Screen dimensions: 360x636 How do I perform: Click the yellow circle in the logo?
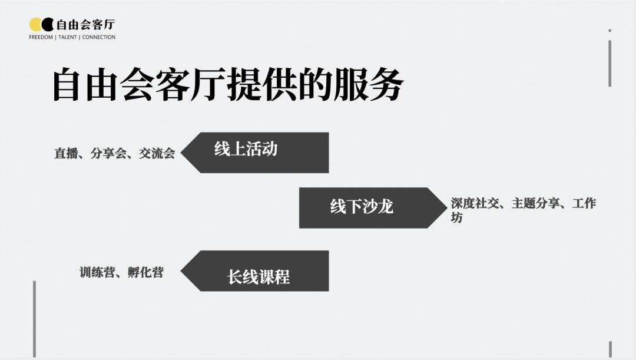point(35,24)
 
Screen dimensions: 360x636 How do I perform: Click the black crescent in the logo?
point(48,24)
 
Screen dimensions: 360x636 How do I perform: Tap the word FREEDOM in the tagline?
point(41,37)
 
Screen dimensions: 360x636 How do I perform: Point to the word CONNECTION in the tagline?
point(99,37)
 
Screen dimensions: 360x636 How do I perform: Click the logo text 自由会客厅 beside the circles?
point(85,24)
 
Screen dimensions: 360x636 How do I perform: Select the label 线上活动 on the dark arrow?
point(246,149)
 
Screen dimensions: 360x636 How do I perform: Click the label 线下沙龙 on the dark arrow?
point(362,207)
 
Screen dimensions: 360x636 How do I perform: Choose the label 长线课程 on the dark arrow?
point(259,276)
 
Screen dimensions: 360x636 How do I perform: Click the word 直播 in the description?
point(66,154)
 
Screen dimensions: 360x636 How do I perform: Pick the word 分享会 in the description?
point(108,154)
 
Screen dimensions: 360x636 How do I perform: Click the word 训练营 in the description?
point(97,272)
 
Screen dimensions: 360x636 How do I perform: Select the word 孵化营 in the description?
point(145,272)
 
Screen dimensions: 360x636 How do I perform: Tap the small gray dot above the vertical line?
point(609,30)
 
